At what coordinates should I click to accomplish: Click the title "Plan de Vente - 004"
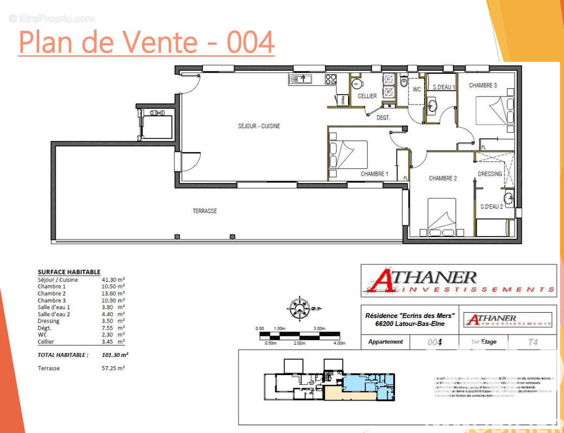(x=146, y=42)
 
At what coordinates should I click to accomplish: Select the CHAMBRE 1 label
(x=375, y=174)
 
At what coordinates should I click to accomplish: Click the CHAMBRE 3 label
(x=483, y=85)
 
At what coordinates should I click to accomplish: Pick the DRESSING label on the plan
(x=489, y=174)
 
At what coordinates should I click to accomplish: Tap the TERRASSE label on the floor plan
(x=205, y=211)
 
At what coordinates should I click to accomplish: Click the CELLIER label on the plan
(x=367, y=96)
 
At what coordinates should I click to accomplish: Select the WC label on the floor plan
(x=417, y=89)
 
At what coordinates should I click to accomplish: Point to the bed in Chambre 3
(x=494, y=110)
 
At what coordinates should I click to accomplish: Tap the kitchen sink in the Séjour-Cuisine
(x=299, y=80)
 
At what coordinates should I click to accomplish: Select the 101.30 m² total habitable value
(x=115, y=355)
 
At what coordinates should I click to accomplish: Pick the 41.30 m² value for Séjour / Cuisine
(x=114, y=279)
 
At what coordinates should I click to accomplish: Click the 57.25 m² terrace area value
(x=114, y=368)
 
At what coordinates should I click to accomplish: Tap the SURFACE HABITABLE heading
(x=69, y=272)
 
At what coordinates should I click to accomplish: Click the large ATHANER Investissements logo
(x=459, y=280)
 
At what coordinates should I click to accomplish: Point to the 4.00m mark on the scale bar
(x=339, y=343)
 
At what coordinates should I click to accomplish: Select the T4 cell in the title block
(x=533, y=342)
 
